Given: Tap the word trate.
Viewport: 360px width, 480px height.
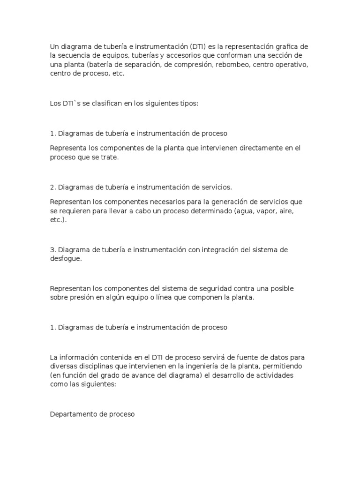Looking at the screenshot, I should tap(110, 157).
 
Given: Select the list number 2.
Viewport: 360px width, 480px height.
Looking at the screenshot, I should tap(52, 187).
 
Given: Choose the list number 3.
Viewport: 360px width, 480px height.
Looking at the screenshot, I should tap(52, 250).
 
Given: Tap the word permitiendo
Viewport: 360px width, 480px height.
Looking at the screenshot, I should tap(286, 366).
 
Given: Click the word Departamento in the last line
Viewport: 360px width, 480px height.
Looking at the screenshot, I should tap(71, 414).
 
